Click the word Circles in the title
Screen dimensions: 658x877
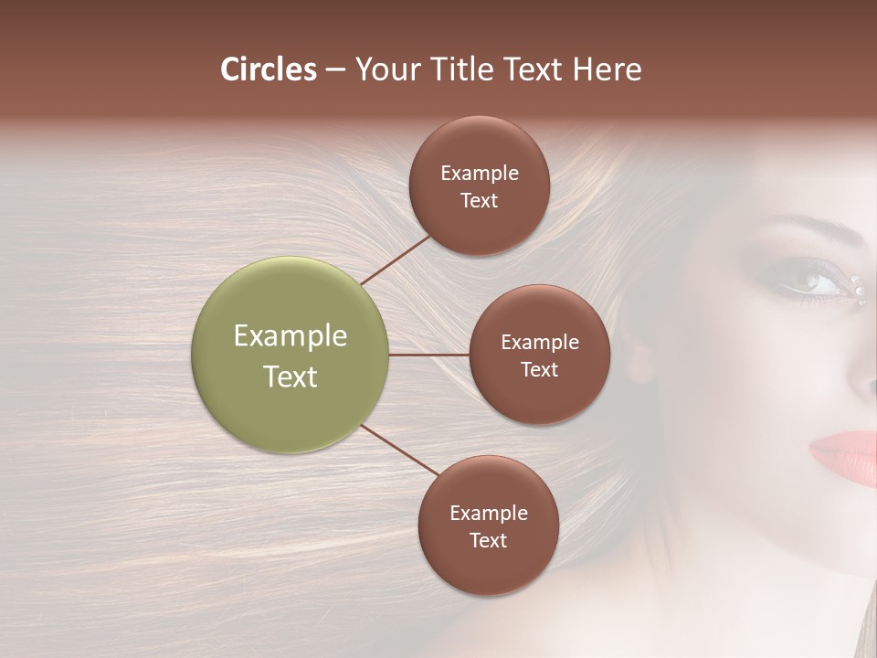pos(269,69)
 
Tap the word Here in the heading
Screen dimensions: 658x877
pos(608,69)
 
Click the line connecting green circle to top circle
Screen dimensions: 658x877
pos(397,259)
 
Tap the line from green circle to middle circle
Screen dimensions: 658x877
pos(428,355)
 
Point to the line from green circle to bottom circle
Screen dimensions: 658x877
pos(399,450)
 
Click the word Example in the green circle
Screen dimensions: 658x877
pos(291,336)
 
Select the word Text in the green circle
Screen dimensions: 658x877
pos(291,377)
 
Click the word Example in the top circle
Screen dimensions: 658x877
pos(480,174)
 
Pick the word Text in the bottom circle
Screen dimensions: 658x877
pos(488,540)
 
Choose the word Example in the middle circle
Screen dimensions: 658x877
pos(539,343)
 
